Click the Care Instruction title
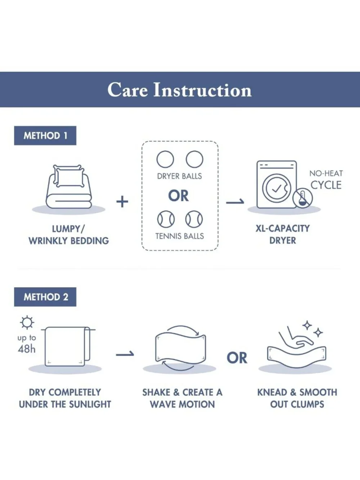pos(179,90)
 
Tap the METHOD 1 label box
pos(45,136)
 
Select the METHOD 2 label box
pos(45,297)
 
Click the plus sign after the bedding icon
pos(122,201)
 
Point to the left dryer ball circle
pos(165,159)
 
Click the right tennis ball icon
pos(194,219)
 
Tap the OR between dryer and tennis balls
pos(178,196)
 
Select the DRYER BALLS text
pos(179,176)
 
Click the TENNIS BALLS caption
pos(179,236)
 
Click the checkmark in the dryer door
pos(276,188)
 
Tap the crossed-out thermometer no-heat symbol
pos(302,198)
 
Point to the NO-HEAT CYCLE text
pos(326,180)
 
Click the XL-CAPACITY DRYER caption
pos(283,234)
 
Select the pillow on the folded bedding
pos(69,176)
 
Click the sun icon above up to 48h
pos(27,323)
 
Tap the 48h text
pos(26,349)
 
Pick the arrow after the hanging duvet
pos(125,354)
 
